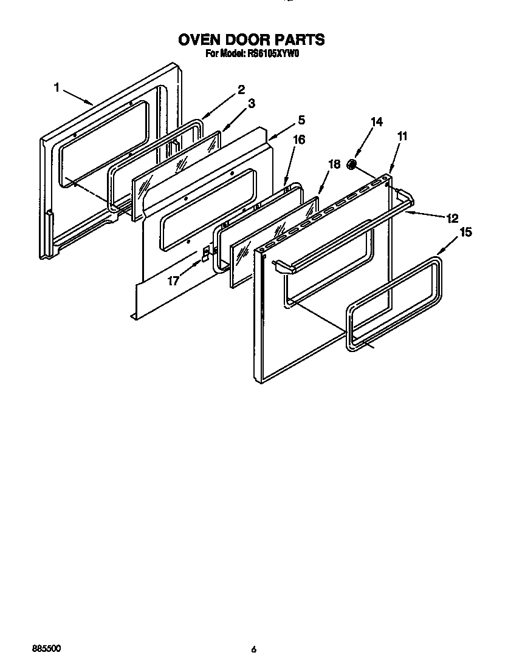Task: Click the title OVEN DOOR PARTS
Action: pyautogui.click(x=251, y=40)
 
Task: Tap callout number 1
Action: pyautogui.click(x=57, y=87)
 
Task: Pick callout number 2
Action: pyautogui.click(x=241, y=89)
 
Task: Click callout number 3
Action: pyautogui.click(x=251, y=104)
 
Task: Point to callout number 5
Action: pyautogui.click(x=301, y=120)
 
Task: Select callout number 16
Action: pyautogui.click(x=298, y=140)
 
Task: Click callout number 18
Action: pyautogui.click(x=334, y=164)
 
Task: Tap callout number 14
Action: pyautogui.click(x=377, y=122)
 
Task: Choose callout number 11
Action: pyautogui.click(x=402, y=137)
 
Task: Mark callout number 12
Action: pyautogui.click(x=451, y=218)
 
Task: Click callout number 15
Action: pyautogui.click(x=466, y=232)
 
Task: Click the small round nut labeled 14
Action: pyautogui.click(x=351, y=164)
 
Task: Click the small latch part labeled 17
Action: pyautogui.click(x=205, y=254)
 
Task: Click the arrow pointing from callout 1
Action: pyautogui.click(x=77, y=97)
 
